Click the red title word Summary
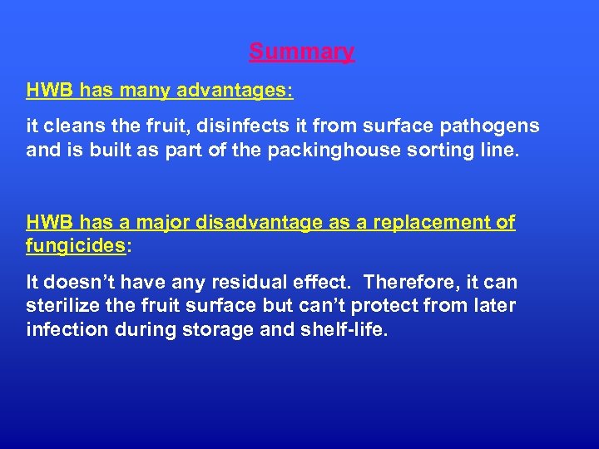coord(302,52)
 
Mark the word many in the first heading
coord(132,90)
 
